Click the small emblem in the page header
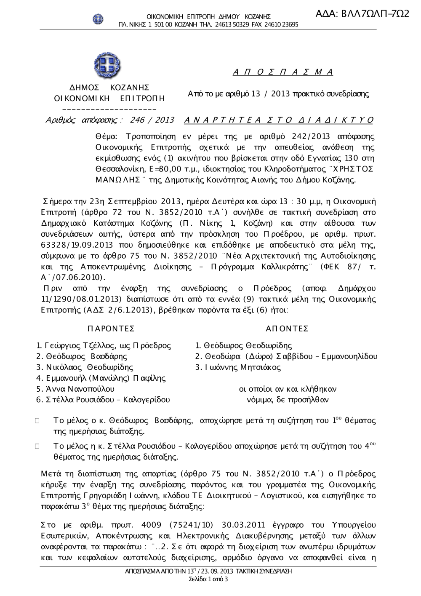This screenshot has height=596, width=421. tap(98, 19)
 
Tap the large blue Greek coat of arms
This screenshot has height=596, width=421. tap(107, 65)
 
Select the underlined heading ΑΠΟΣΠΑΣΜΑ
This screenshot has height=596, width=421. tap(283, 72)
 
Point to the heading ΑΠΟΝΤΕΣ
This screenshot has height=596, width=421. tap(287, 329)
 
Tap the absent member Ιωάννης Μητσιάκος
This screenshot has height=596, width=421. tap(242, 367)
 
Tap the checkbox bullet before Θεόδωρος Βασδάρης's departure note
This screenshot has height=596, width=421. tap(37, 420)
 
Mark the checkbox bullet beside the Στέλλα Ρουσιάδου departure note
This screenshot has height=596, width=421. tap(37, 446)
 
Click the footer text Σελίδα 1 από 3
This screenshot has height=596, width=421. tap(209, 579)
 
